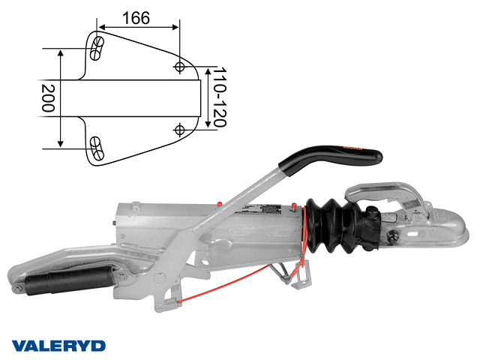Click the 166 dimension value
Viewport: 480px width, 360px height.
pos(136,18)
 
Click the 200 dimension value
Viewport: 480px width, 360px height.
pos(48,98)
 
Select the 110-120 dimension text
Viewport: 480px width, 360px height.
pos(220,97)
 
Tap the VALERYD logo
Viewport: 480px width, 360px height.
pos(58,346)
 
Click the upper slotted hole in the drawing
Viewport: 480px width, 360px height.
pos(97,48)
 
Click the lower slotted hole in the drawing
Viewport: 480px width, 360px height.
pos(97,148)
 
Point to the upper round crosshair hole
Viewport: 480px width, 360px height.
pos(179,67)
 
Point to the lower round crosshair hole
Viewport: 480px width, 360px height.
pos(179,130)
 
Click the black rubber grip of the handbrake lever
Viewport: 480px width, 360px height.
pos(331,157)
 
